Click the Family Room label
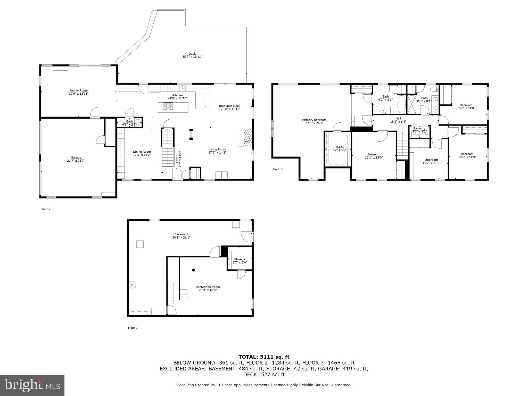79,90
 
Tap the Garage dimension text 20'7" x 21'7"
76,161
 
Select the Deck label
192,54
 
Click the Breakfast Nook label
229,106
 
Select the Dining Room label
142,152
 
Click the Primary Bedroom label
314,120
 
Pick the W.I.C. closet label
340,147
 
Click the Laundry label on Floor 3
419,128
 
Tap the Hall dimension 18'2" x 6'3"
398,122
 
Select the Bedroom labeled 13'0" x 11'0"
466,105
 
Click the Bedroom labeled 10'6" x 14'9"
467,154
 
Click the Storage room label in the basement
240,259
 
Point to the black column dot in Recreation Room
194,270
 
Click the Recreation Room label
208,287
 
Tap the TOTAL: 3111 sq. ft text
264,357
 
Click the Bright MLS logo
32,385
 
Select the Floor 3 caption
278,169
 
